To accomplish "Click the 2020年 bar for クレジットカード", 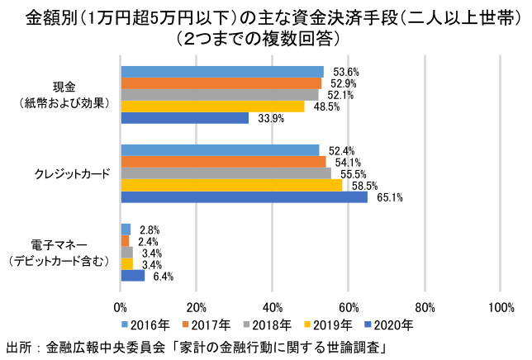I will [x=244, y=197].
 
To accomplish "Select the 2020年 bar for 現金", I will [x=184, y=117].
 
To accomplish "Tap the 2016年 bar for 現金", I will [x=221, y=71].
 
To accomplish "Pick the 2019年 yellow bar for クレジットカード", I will [x=231, y=185].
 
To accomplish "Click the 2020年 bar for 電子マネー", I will [x=132, y=275].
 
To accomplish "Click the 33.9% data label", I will [x=271, y=118].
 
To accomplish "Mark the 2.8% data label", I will [x=150, y=229].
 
